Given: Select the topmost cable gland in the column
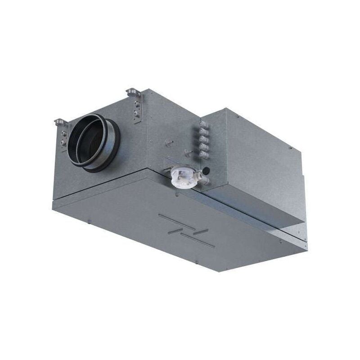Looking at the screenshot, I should tap(203, 125).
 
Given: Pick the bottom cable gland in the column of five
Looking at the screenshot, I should tap(203, 154).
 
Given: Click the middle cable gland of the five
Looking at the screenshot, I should tap(203, 139).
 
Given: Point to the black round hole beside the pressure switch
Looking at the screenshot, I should tap(206, 171).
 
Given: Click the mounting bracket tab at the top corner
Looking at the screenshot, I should tap(133, 92).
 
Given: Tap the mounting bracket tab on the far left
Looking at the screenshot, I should tap(60, 121).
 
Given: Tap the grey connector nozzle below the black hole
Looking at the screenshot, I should tap(204, 180).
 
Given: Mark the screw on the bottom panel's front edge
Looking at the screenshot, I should tap(89, 221).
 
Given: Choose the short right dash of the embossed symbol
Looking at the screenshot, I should tap(201, 232).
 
